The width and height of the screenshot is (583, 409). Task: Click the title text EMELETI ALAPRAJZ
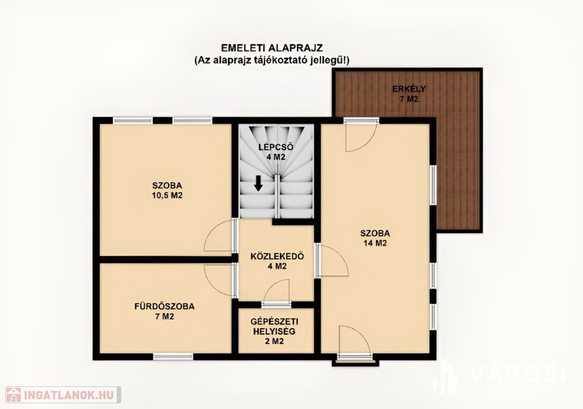272,48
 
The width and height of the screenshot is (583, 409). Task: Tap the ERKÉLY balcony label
409,89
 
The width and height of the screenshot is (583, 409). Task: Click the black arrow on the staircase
258,184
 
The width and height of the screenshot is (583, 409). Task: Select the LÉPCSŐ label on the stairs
276,147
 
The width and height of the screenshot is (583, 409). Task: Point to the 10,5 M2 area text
167,196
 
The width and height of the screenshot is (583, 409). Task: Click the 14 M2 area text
375,243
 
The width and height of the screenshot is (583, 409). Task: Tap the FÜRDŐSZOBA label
165,307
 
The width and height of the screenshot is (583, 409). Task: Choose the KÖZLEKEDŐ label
277,257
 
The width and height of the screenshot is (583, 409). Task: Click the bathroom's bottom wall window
173,357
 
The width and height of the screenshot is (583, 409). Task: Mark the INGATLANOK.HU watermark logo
63,395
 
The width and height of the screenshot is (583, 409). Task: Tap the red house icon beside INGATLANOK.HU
14,395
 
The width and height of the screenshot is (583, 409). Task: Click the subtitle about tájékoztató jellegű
272,60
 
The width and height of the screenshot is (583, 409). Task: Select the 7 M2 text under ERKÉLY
409,99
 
